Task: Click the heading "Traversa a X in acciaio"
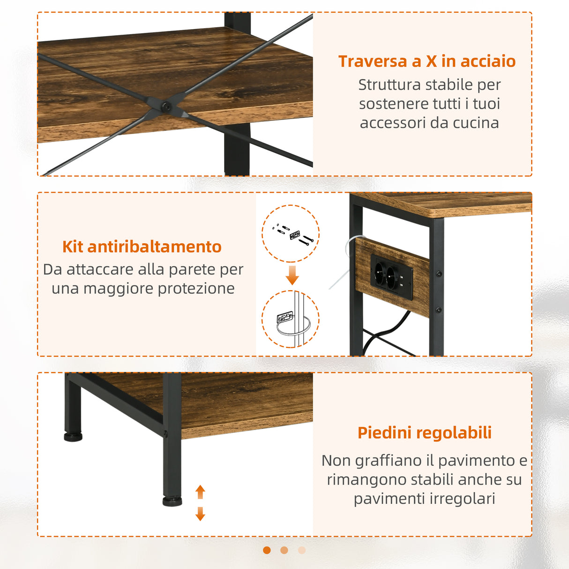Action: (427, 61)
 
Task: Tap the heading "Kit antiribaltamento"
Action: (142, 247)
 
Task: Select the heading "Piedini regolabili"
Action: (424, 433)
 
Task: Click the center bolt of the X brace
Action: (165, 107)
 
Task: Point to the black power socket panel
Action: (392, 277)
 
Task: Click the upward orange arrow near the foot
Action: (200, 492)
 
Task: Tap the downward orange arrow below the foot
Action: (200, 514)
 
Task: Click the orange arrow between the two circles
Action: (292, 275)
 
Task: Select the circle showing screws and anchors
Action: (291, 233)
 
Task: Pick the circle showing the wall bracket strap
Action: (291, 319)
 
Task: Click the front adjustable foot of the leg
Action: (172, 501)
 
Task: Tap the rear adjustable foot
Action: (73, 437)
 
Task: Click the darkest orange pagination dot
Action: (267, 550)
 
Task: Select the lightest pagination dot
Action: (302, 550)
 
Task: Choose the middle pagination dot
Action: (284, 550)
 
